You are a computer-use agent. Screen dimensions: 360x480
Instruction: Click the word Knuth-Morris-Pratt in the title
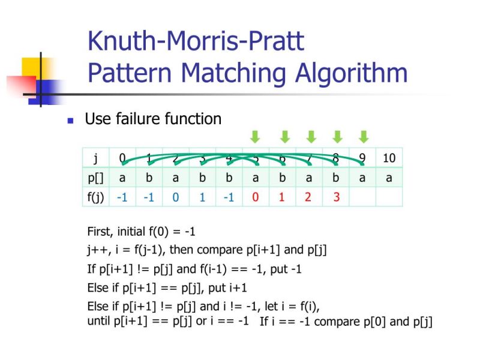tap(196, 41)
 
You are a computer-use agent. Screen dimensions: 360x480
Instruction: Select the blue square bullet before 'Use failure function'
tap(70, 120)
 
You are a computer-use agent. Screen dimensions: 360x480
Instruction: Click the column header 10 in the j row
tap(389, 158)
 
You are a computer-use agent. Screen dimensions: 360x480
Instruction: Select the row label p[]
tap(95, 178)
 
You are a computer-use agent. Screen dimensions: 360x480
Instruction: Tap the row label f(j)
tap(95, 197)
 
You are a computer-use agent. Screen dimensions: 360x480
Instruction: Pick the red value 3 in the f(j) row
tap(336, 197)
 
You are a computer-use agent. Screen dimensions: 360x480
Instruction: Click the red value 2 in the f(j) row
tap(308, 197)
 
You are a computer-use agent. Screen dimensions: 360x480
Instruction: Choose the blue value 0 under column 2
tap(176, 197)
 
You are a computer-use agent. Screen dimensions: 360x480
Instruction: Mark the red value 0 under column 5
tap(256, 197)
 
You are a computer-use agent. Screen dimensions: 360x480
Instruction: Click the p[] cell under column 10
tap(389, 178)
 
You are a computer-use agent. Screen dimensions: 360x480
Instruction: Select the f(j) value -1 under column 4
tap(229, 197)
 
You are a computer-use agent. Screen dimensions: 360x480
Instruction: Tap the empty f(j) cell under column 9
tap(362, 197)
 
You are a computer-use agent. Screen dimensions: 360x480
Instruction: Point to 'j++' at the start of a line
tap(97, 250)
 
